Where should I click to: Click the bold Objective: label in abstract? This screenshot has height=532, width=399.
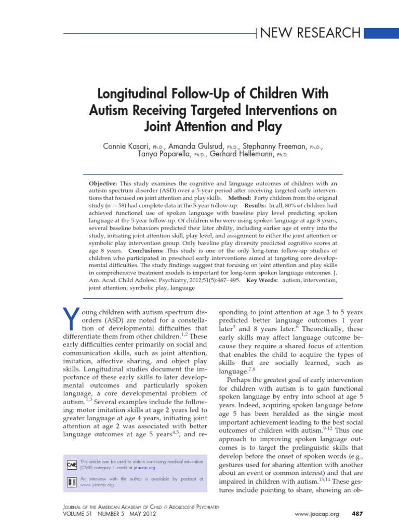104,183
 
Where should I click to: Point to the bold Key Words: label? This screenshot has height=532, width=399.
262,280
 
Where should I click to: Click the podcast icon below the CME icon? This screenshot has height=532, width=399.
72,481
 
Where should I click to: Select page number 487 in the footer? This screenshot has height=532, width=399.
357,514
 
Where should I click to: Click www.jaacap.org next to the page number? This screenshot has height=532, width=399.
317,514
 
